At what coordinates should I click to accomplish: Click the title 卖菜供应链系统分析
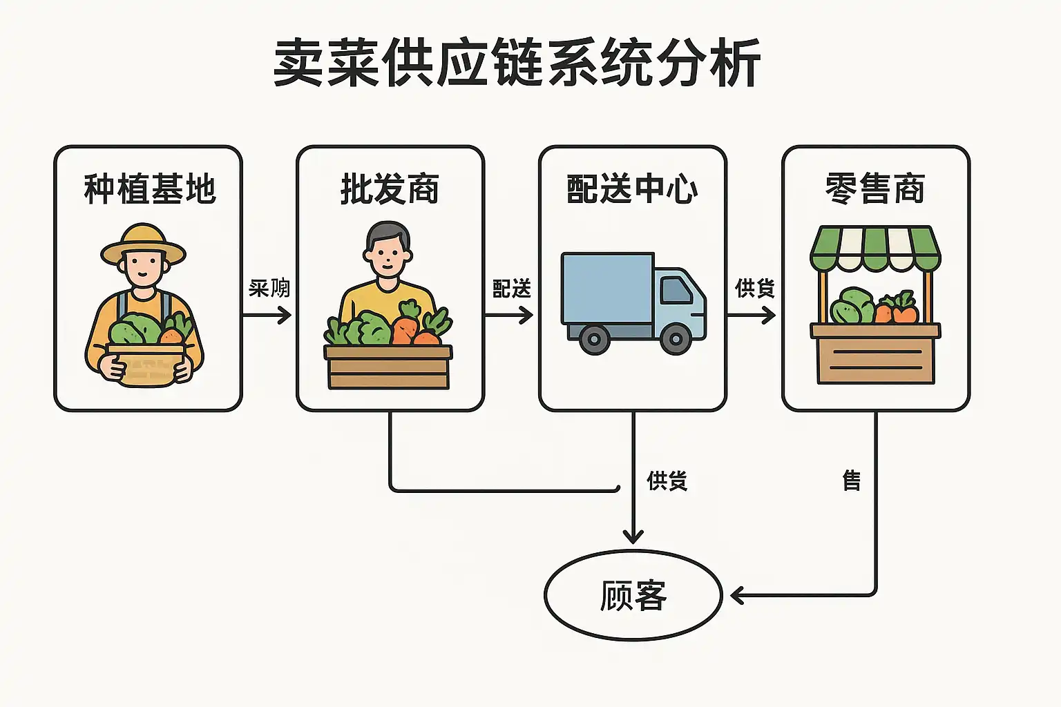(x=517, y=64)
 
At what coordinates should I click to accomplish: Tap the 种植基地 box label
(x=149, y=189)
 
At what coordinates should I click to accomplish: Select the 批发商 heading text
(x=390, y=189)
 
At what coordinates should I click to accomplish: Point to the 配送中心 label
(x=632, y=189)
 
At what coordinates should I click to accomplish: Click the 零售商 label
(x=875, y=189)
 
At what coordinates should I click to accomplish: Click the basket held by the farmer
(x=146, y=365)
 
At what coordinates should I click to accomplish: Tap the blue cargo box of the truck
(x=606, y=287)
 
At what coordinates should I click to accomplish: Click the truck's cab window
(x=676, y=290)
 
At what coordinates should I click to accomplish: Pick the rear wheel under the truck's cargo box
(x=594, y=339)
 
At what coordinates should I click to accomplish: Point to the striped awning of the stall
(x=875, y=247)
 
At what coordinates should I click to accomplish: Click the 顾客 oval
(x=633, y=595)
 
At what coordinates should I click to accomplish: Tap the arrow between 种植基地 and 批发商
(x=268, y=316)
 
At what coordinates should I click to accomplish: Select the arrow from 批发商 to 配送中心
(x=510, y=316)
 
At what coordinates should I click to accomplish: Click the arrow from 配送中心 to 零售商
(x=752, y=316)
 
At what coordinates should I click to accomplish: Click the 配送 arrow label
(x=512, y=289)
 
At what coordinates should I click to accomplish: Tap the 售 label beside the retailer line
(x=852, y=480)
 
